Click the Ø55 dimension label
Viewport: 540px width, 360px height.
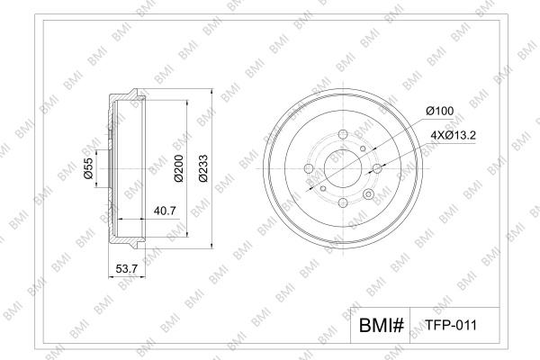tap(88, 168)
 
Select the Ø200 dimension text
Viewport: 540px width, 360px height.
tap(179, 168)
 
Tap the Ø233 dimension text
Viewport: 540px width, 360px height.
tap(203, 168)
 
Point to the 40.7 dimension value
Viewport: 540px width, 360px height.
tap(165, 210)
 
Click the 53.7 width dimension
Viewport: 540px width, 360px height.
tap(127, 269)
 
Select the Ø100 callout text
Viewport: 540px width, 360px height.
tap(440, 111)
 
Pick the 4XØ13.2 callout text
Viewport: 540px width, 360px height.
tap(454, 135)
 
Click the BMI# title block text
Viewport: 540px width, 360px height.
tap(381, 325)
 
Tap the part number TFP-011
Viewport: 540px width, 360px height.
tap(451, 325)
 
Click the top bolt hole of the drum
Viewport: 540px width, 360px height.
tap(344, 134)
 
